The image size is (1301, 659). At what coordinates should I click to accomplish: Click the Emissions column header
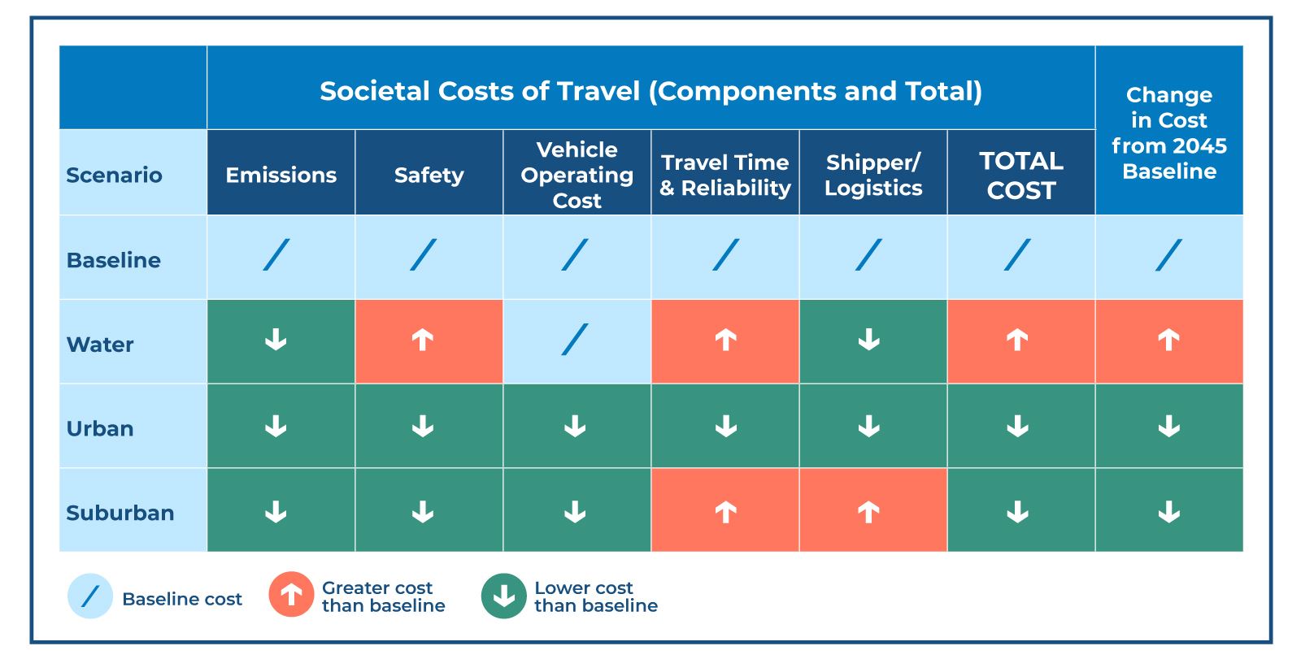(281, 175)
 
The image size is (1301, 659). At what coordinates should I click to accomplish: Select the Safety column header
(429, 175)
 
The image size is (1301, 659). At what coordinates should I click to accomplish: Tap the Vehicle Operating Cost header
(577, 175)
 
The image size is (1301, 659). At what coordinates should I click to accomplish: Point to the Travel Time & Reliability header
(724, 175)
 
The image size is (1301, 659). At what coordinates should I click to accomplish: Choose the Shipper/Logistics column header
(873, 175)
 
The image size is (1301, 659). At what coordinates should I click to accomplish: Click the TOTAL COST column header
(1020, 175)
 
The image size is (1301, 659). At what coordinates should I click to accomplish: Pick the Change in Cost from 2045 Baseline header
(1168, 132)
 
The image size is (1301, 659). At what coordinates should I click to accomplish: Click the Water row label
(100, 345)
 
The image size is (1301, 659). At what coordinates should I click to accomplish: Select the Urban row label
(100, 428)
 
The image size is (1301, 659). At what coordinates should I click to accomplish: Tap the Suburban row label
(120, 513)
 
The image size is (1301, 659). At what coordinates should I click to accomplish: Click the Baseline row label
(113, 260)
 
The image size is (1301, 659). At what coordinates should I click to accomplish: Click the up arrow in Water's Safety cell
(423, 340)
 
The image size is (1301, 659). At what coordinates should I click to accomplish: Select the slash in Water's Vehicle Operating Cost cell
(574, 340)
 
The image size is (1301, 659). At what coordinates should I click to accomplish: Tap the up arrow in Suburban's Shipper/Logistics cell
(868, 512)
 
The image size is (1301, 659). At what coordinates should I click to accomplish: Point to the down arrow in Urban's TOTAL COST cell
(1017, 426)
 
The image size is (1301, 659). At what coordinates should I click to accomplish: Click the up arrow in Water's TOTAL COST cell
(1017, 340)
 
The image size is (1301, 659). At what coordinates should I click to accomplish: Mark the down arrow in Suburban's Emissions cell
(276, 512)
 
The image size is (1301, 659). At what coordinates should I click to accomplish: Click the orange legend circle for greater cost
(291, 596)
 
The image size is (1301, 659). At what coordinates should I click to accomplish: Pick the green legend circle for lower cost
(503, 596)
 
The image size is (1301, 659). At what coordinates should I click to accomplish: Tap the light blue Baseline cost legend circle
(89, 596)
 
